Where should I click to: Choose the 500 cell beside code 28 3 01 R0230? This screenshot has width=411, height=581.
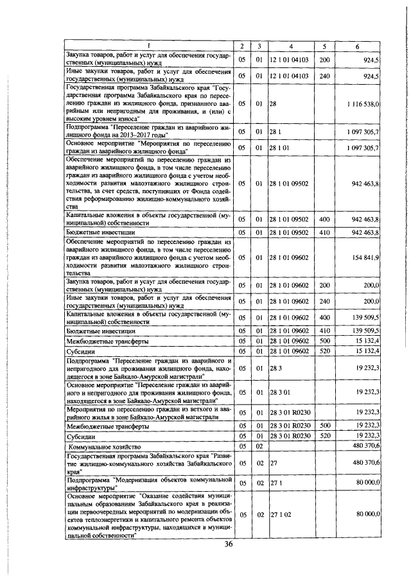point(324,425)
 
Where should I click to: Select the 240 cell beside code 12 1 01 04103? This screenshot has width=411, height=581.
point(324,76)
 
